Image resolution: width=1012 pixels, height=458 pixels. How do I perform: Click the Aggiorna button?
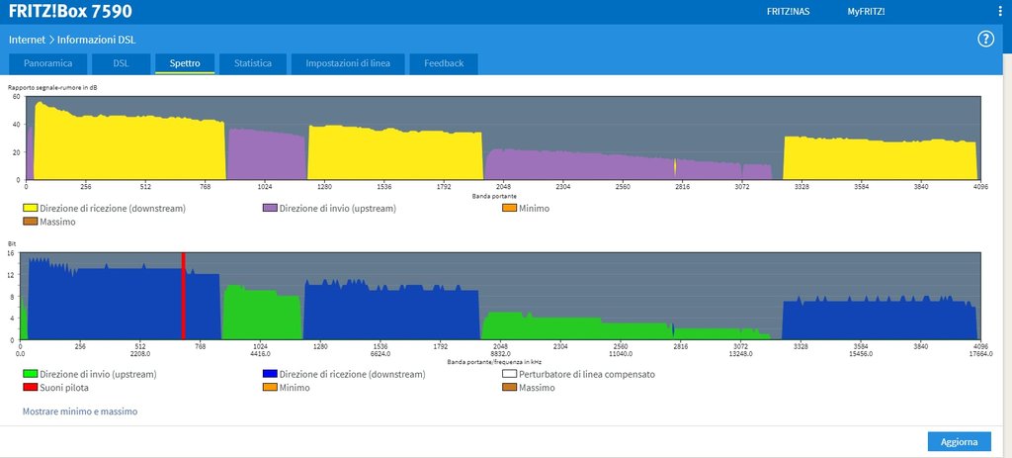(x=959, y=441)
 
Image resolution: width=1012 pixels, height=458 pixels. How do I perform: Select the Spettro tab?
(x=185, y=63)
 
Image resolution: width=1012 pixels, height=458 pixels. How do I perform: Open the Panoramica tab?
(x=48, y=63)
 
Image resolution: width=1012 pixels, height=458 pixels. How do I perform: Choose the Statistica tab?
(x=253, y=63)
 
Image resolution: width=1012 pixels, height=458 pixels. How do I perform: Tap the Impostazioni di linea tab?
(x=348, y=63)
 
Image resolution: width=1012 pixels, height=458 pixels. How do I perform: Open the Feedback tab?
(x=444, y=63)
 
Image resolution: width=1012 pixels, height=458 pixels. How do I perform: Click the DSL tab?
(x=121, y=63)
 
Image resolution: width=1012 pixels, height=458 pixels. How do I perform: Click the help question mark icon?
(x=985, y=40)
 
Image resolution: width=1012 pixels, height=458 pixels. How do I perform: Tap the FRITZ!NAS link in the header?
(x=788, y=12)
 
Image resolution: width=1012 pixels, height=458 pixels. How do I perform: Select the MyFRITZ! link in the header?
(x=866, y=12)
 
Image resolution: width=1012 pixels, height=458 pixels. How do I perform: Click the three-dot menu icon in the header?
(x=999, y=12)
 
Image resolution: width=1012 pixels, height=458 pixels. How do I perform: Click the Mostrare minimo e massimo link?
(x=80, y=411)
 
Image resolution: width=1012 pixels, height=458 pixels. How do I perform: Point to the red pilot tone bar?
(x=183, y=296)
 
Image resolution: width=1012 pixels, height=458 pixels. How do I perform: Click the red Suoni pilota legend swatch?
(x=30, y=388)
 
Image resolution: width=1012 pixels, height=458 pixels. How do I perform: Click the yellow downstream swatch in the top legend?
(x=30, y=208)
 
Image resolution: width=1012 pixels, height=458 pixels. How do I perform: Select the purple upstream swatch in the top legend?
(x=269, y=208)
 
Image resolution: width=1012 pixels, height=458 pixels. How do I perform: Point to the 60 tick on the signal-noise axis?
(x=17, y=96)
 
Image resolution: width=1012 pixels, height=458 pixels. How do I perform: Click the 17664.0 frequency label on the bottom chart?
(x=978, y=353)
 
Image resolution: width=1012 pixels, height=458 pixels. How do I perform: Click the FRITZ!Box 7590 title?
(x=70, y=12)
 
